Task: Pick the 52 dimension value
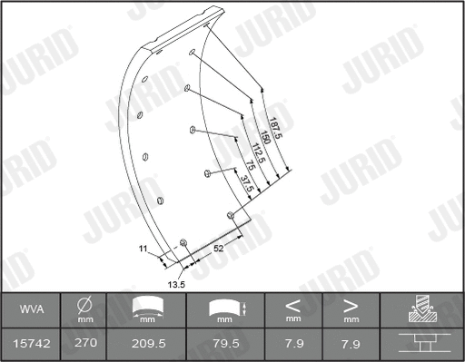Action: click(219, 248)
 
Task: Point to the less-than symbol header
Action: click(292, 305)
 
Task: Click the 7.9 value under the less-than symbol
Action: click(292, 343)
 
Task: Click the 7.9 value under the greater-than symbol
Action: click(350, 343)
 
